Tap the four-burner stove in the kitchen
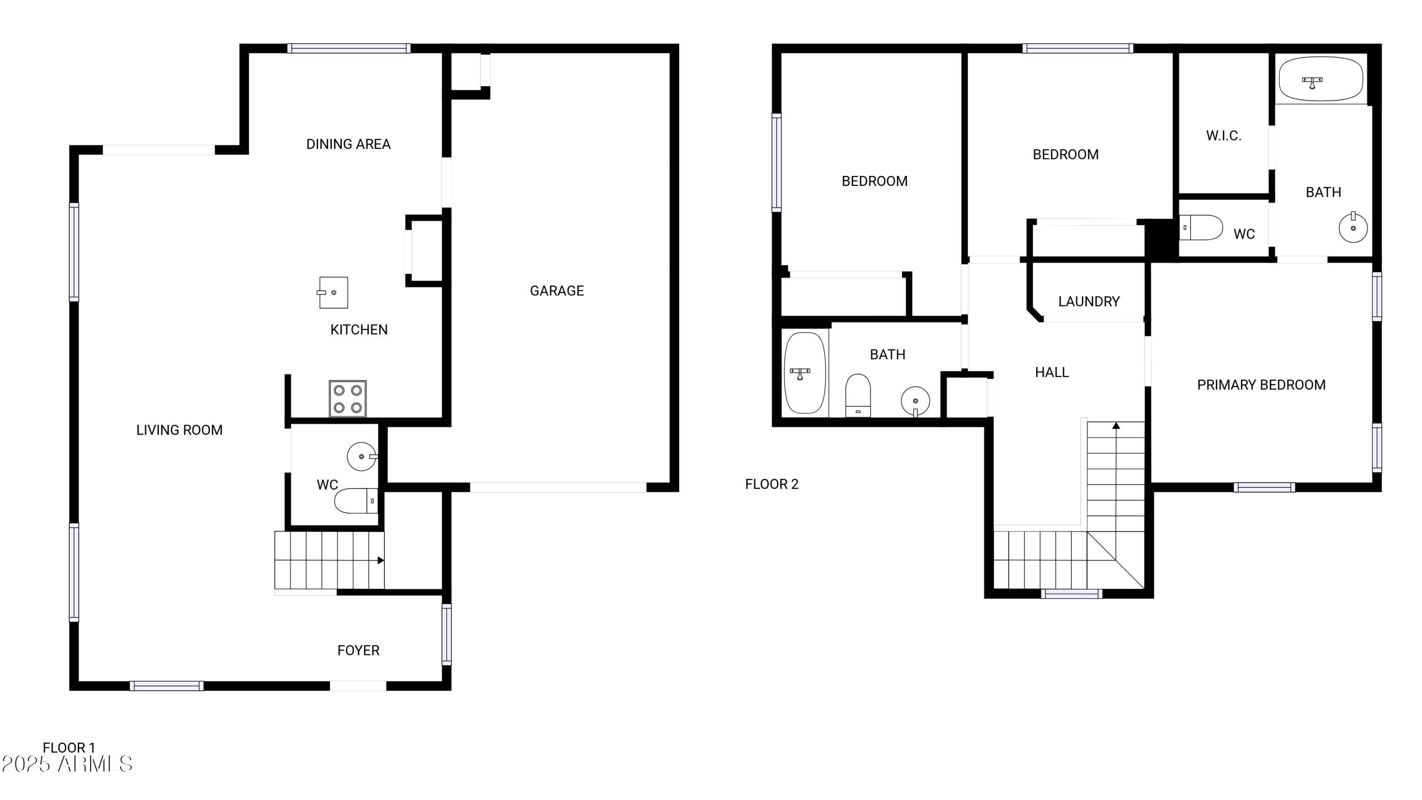tap(347, 398)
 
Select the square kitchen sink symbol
tap(333, 293)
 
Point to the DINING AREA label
tap(348, 144)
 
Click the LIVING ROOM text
tap(179, 430)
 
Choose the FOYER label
tap(358, 650)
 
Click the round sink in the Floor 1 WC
tap(362, 457)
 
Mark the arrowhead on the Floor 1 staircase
tap(380, 561)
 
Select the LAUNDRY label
tap(1089, 302)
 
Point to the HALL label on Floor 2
tap(1052, 373)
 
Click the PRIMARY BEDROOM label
tap(1261, 385)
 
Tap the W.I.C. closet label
tap(1223, 136)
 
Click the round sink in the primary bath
tap(1353, 228)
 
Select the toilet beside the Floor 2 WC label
tap(1201, 228)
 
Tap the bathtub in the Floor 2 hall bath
tap(805, 373)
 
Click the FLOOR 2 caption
tap(771, 484)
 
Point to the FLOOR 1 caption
tap(69, 747)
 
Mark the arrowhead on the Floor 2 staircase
tap(1116, 426)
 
